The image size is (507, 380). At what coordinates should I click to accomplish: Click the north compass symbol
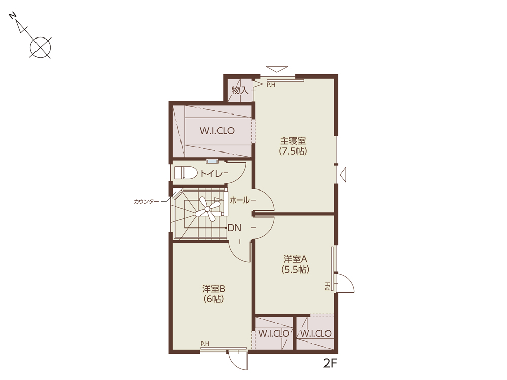point(31,35)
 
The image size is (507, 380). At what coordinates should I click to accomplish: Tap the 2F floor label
point(330,364)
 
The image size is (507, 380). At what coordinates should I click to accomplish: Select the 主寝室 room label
point(293,141)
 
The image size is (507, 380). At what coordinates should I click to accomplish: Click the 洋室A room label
point(295,259)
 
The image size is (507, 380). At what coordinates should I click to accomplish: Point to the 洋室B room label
point(213,289)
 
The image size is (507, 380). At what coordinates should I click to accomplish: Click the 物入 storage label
point(240,90)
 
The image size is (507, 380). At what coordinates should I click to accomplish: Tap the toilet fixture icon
point(186,173)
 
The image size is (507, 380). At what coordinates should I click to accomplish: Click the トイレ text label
point(212,174)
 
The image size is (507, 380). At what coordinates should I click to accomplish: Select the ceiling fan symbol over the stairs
point(207,209)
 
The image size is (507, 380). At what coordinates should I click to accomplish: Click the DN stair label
point(234,228)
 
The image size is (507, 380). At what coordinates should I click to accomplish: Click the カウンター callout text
point(147,201)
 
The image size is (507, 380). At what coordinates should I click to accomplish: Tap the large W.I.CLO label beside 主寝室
point(217,131)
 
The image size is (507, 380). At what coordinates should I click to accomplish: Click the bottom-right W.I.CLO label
point(316,333)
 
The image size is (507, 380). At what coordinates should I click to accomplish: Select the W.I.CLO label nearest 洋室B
point(274,333)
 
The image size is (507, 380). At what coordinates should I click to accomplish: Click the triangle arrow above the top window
point(277,69)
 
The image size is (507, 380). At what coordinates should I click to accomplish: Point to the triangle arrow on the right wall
point(343,175)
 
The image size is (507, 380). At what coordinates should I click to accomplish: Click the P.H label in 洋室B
point(205,344)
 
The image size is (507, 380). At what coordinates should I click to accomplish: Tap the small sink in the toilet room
point(212,161)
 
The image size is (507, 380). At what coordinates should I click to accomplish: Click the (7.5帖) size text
point(293,151)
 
